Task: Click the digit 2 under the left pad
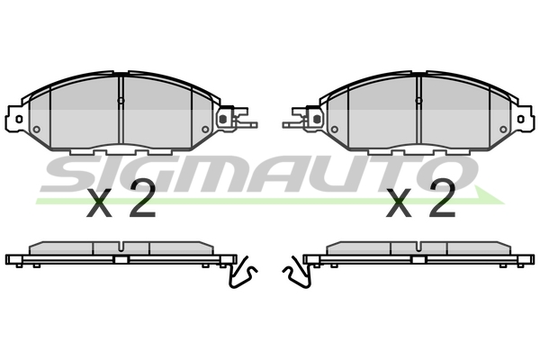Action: pyautogui.click(x=142, y=202)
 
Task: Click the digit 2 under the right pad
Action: pyautogui.click(x=441, y=202)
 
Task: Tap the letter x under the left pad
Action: pyautogui.click(x=102, y=205)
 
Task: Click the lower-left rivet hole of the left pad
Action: pyautogui.click(x=36, y=130)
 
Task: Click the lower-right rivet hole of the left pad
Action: pyautogui.click(x=206, y=130)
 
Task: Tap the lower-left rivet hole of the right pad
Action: pyautogui.click(x=334, y=130)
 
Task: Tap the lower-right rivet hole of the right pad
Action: pyautogui.click(x=504, y=130)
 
